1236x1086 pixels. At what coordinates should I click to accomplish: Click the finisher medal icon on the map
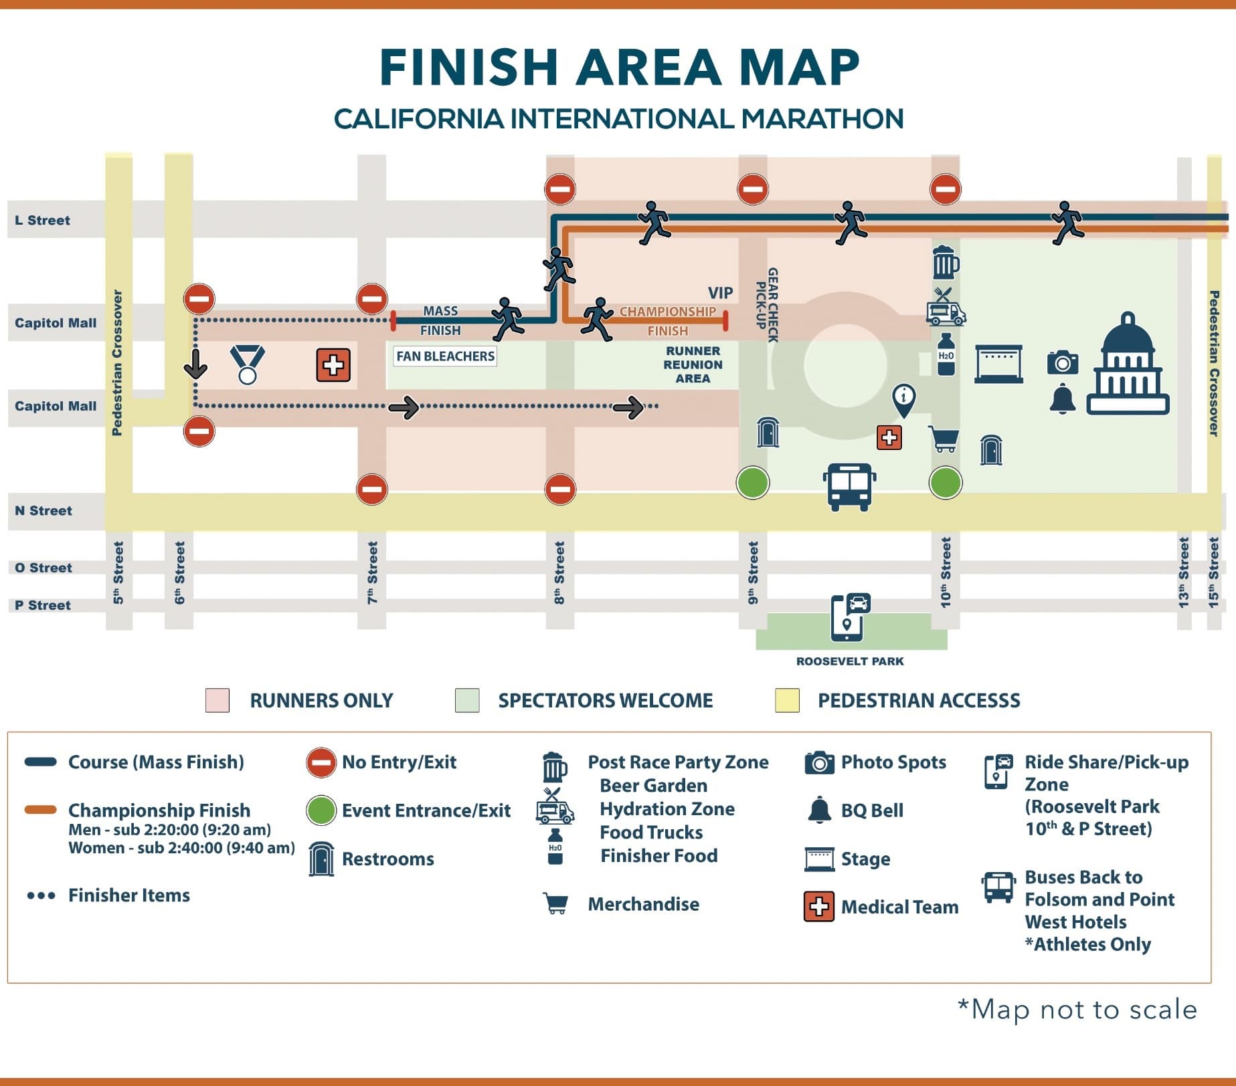(x=248, y=364)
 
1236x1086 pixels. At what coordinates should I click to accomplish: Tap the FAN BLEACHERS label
(x=445, y=356)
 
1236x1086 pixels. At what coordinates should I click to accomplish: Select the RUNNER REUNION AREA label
(x=693, y=364)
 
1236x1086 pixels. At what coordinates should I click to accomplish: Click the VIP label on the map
(x=720, y=293)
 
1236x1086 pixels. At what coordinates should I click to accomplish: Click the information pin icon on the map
(x=904, y=399)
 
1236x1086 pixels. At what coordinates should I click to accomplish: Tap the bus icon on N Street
(x=849, y=486)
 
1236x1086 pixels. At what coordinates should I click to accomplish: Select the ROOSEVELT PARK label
(x=850, y=661)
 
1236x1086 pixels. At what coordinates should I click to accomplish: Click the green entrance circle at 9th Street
(x=753, y=483)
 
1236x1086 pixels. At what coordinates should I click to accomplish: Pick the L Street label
(x=43, y=221)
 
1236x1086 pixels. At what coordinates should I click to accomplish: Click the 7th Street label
(x=372, y=572)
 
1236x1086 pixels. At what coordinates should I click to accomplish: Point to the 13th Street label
(x=1184, y=572)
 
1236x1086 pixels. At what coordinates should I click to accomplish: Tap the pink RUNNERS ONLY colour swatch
(x=217, y=700)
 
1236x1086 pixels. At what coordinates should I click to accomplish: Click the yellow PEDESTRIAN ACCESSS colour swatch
(x=787, y=700)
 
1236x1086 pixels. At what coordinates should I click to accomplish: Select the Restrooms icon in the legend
(x=321, y=859)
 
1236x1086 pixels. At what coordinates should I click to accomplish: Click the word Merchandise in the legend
(x=643, y=904)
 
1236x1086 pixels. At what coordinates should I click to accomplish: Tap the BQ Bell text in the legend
(x=872, y=810)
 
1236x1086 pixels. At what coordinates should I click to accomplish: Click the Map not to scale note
(x=1077, y=1009)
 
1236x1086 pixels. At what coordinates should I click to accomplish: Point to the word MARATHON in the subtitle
(x=822, y=119)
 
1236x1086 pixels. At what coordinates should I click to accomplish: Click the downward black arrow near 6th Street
(x=195, y=363)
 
